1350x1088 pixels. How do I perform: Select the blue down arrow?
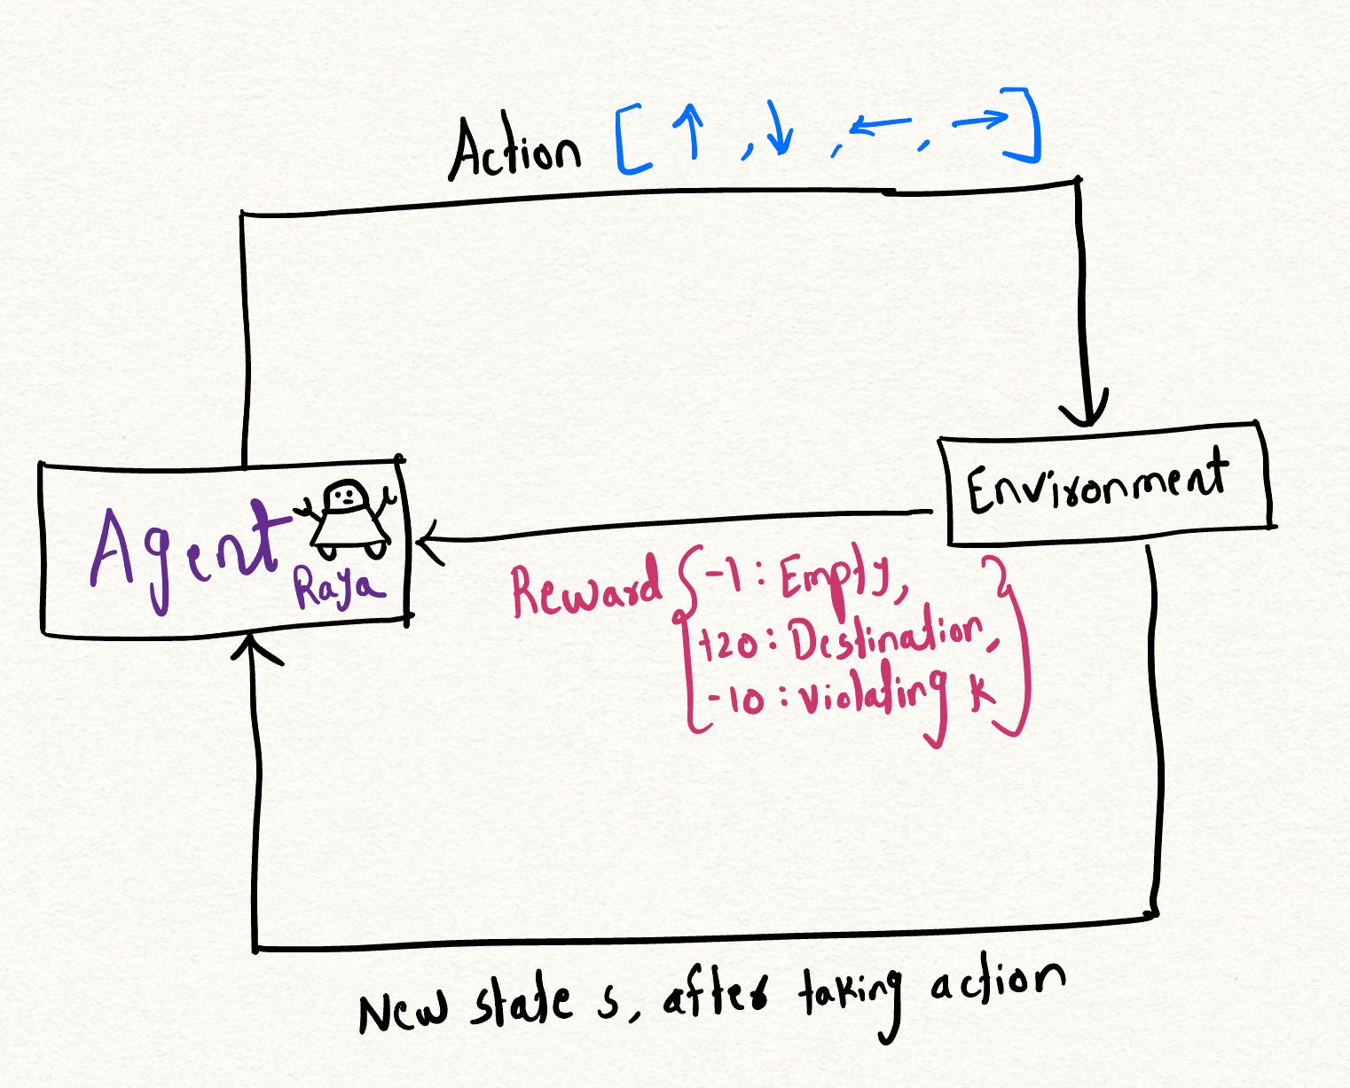(778, 129)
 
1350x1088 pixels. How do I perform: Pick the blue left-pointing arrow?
(880, 126)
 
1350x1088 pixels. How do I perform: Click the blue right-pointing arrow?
(980, 119)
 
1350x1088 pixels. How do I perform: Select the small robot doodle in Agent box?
(349, 520)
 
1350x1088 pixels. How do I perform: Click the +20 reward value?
(727, 646)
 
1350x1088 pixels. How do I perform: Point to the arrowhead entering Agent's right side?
(430, 542)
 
